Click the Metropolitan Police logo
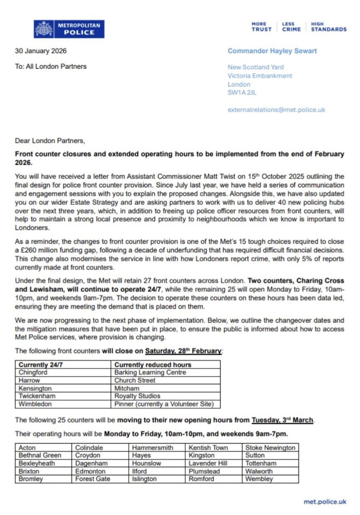click(x=69, y=29)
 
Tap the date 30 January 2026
click(x=41, y=51)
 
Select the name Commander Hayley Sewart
click(x=272, y=51)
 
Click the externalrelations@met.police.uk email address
click(x=276, y=110)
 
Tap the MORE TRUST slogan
click(x=262, y=27)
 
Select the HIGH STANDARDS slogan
click(x=328, y=27)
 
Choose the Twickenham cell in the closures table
click(x=37, y=396)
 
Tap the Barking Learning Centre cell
click(x=150, y=373)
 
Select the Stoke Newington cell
click(x=270, y=448)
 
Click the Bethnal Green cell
click(x=40, y=455)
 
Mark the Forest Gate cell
click(x=93, y=479)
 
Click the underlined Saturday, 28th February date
click(x=183, y=351)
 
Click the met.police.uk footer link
click(x=325, y=501)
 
